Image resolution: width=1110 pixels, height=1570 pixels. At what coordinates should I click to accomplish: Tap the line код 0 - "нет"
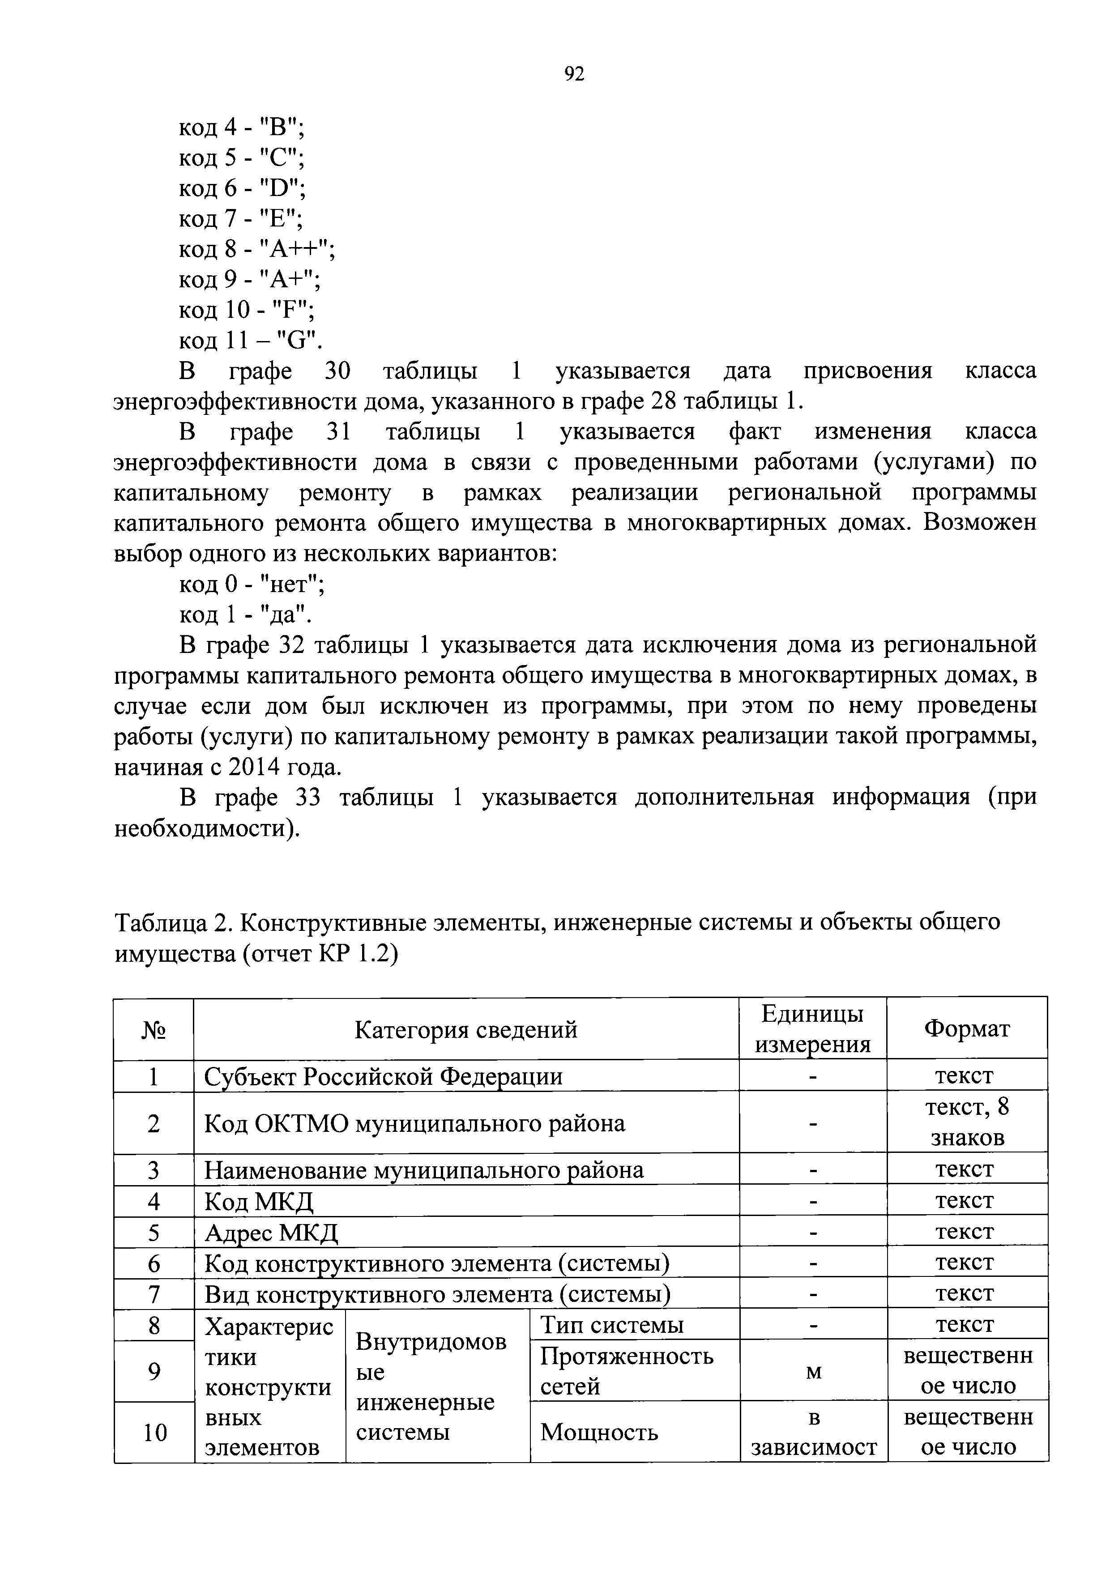[x=252, y=584]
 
